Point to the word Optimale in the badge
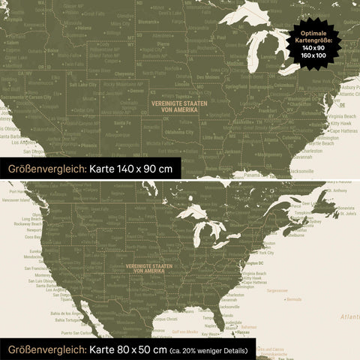tap(313, 34)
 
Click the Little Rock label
tap(213, 137)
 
